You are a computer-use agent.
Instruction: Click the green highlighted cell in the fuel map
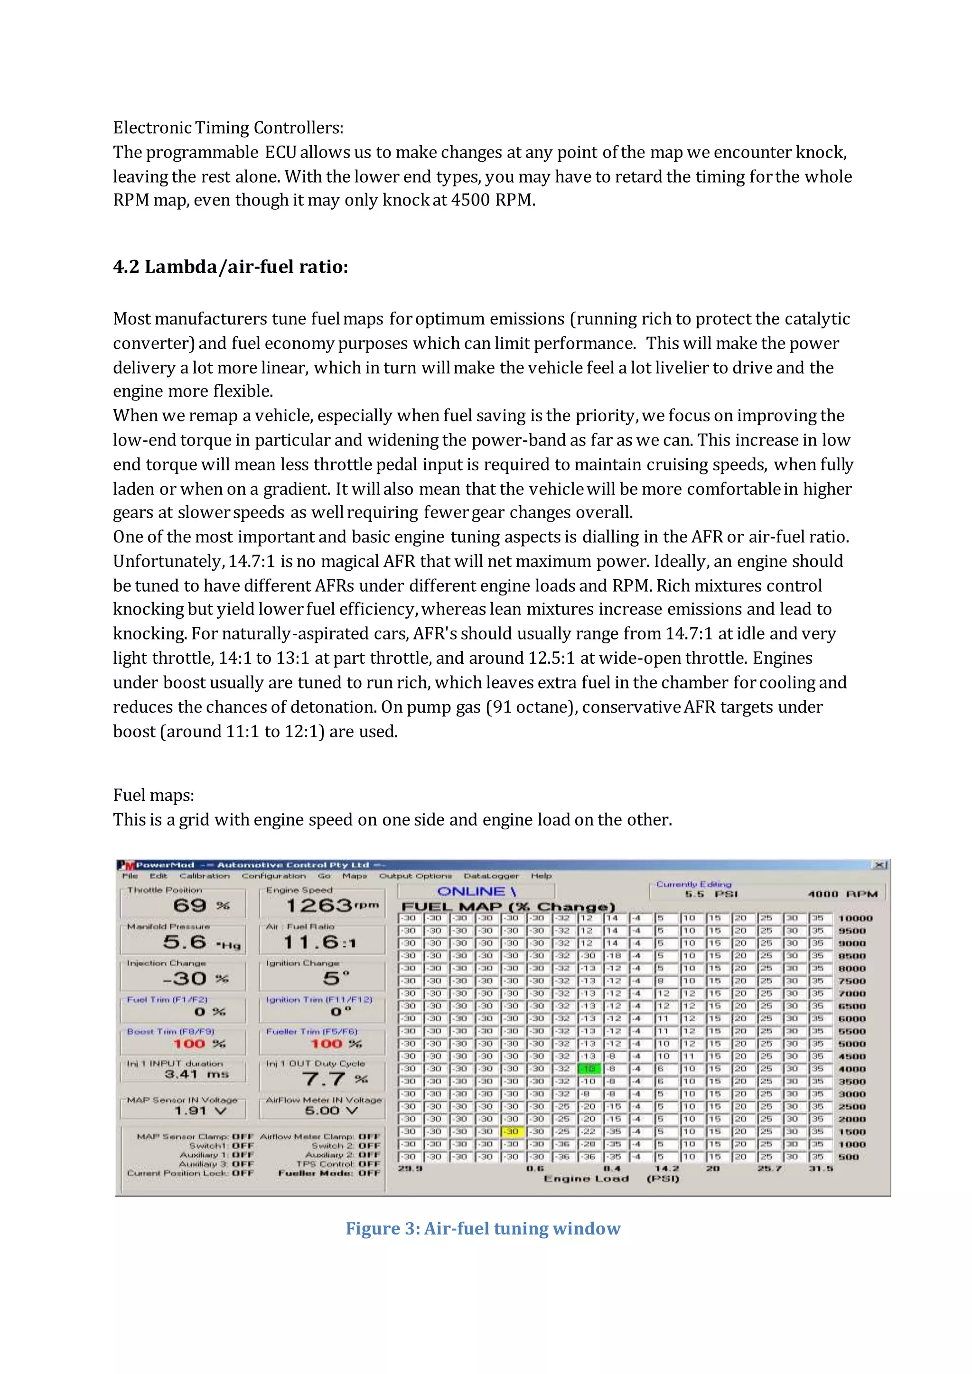click(x=589, y=1068)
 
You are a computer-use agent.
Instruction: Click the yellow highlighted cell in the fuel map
click(x=512, y=1131)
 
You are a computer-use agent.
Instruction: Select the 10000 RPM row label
click(x=855, y=918)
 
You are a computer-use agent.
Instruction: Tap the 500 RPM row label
click(x=849, y=1157)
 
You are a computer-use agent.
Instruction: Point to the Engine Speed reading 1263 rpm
click(x=331, y=905)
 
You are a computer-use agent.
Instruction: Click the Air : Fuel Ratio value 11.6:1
click(x=319, y=943)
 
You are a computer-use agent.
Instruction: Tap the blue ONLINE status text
click(x=477, y=891)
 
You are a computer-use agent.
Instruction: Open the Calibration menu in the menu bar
click(x=204, y=875)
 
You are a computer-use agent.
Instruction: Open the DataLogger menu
click(x=491, y=875)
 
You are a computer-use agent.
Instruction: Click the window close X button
click(x=880, y=865)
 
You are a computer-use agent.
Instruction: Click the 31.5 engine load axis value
click(x=821, y=1168)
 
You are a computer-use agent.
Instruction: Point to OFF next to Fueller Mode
click(x=369, y=1173)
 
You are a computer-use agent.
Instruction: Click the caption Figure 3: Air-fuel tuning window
click(x=483, y=1228)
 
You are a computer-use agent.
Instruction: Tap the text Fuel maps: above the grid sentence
click(x=153, y=795)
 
